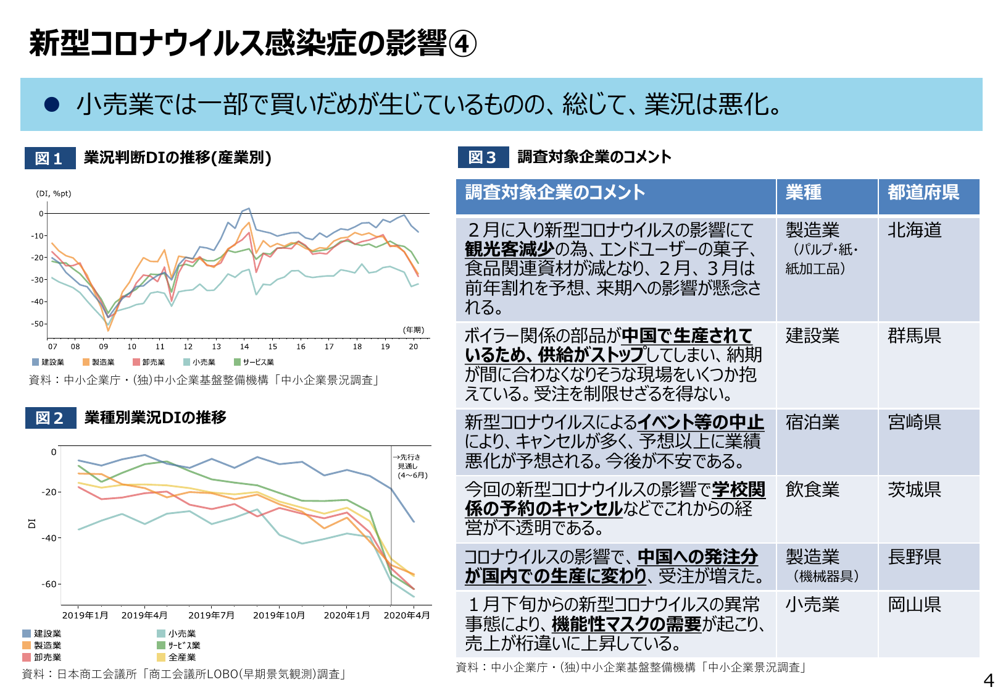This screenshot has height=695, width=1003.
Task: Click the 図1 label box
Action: tap(50, 158)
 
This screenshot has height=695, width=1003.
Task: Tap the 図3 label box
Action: tap(483, 157)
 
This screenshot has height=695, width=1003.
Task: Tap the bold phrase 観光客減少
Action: tap(509, 249)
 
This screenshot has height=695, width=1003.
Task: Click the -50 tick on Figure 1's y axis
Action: tap(38, 324)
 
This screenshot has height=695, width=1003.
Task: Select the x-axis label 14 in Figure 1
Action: tap(244, 347)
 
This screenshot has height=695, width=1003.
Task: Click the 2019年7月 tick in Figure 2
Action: tap(211, 615)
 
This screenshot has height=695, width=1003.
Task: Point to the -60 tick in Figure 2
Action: tap(49, 584)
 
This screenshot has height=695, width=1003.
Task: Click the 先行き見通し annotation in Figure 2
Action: tap(412, 466)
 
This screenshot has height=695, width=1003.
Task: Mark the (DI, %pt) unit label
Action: tap(54, 193)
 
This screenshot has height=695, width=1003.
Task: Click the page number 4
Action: tap(988, 681)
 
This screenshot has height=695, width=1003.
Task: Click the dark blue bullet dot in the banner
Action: tap(52, 104)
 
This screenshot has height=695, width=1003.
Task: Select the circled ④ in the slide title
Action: tap(462, 44)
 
